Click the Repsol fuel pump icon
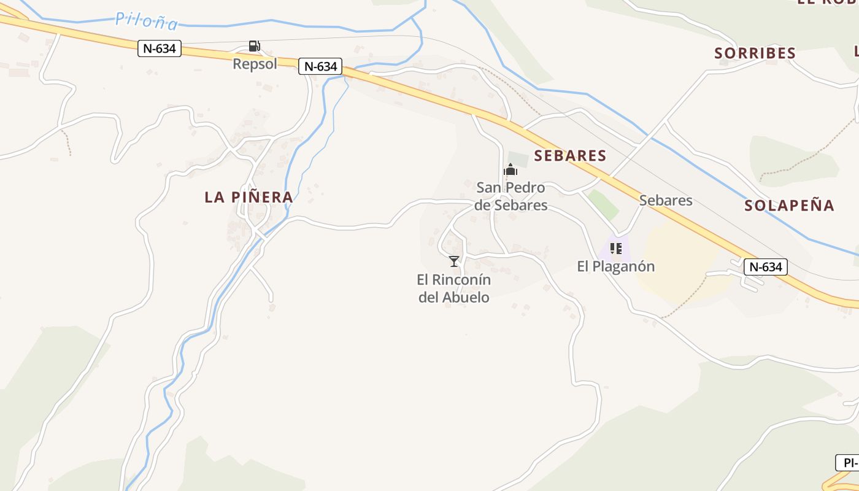click(x=254, y=46)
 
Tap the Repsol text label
click(x=255, y=64)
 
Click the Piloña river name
click(x=147, y=21)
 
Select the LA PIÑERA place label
click(x=248, y=197)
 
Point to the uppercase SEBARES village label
click(x=570, y=156)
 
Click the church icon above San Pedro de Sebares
click(x=510, y=170)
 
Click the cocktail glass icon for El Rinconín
click(x=454, y=261)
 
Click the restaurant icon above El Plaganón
click(x=616, y=249)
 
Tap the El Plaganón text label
click(x=616, y=266)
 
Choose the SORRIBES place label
click(x=755, y=53)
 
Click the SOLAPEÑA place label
click(x=789, y=206)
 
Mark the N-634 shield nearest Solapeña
click(x=766, y=267)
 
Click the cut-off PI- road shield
click(x=847, y=462)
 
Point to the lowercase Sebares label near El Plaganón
click(x=666, y=200)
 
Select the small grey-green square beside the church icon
click(x=518, y=158)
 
